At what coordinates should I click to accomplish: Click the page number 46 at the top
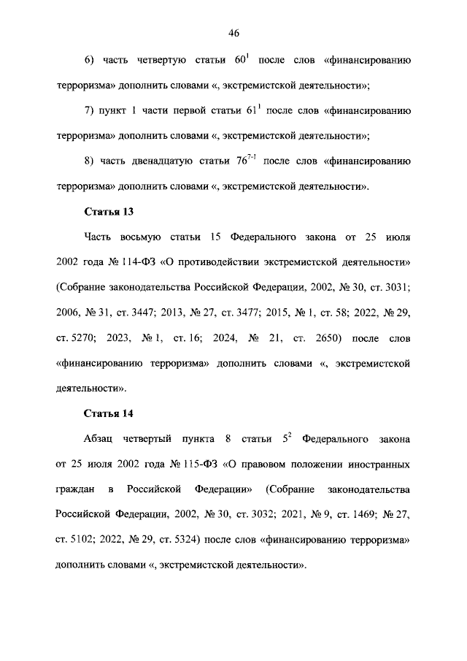tap(233, 32)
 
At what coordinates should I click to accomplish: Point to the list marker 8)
tap(90, 161)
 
